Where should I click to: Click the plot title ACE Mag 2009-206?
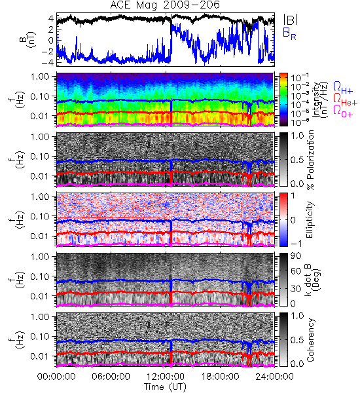(165, 5)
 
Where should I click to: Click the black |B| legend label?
(291, 20)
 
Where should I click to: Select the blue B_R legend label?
(289, 33)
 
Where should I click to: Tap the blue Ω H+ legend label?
(343, 88)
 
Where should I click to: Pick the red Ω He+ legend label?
(345, 100)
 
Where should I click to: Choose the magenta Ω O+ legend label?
(343, 111)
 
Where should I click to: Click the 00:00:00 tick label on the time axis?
(56, 376)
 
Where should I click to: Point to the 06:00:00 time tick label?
(111, 376)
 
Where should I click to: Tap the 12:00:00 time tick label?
(166, 376)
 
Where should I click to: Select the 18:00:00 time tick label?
(220, 376)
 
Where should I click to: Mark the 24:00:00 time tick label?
(274, 376)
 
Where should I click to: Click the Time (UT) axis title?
(165, 386)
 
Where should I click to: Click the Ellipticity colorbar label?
(310, 220)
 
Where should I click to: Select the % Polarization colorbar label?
(310, 160)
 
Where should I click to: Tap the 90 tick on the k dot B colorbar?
(296, 255)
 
